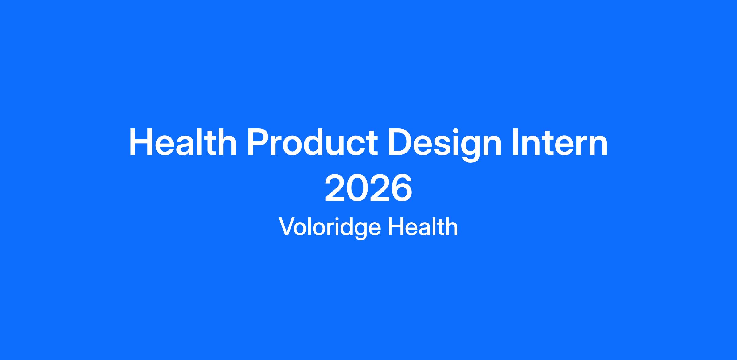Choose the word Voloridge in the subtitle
(x=330, y=227)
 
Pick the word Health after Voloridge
(x=423, y=226)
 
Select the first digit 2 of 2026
(x=335, y=188)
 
